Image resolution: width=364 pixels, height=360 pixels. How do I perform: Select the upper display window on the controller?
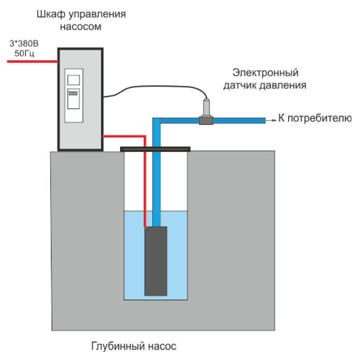coord(74,80)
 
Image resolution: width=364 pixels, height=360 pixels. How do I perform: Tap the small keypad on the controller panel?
coord(74,92)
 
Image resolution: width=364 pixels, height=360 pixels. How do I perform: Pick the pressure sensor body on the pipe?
coord(207,107)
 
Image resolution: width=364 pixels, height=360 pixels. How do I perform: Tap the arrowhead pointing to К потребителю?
coord(273,119)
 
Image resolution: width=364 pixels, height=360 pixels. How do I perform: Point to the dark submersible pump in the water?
coord(156,261)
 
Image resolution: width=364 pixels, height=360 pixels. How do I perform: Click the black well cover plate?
coord(155,149)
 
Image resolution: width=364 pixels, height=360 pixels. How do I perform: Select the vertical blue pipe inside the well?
coord(156,184)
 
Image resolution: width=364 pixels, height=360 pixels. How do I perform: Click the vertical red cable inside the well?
coord(144,189)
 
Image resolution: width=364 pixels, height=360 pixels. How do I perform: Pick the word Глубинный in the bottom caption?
coord(115,346)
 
